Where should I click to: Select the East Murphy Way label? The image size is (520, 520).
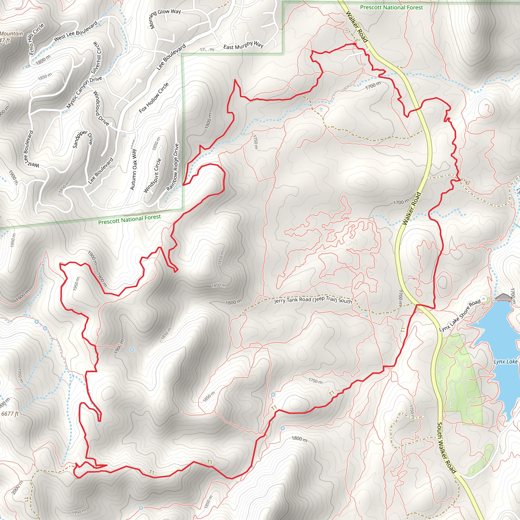[x=243, y=45]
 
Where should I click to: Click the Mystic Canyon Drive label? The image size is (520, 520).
[x=84, y=93]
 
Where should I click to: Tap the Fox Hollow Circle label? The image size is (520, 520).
[x=154, y=97]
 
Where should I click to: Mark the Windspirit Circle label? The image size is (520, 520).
[x=152, y=175]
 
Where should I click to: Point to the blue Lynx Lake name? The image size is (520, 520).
[x=506, y=362]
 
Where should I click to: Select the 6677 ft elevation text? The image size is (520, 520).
[x=10, y=413]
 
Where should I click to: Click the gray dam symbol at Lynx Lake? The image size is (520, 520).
[x=504, y=297]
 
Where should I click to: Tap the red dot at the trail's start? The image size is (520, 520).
[x=355, y=44]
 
